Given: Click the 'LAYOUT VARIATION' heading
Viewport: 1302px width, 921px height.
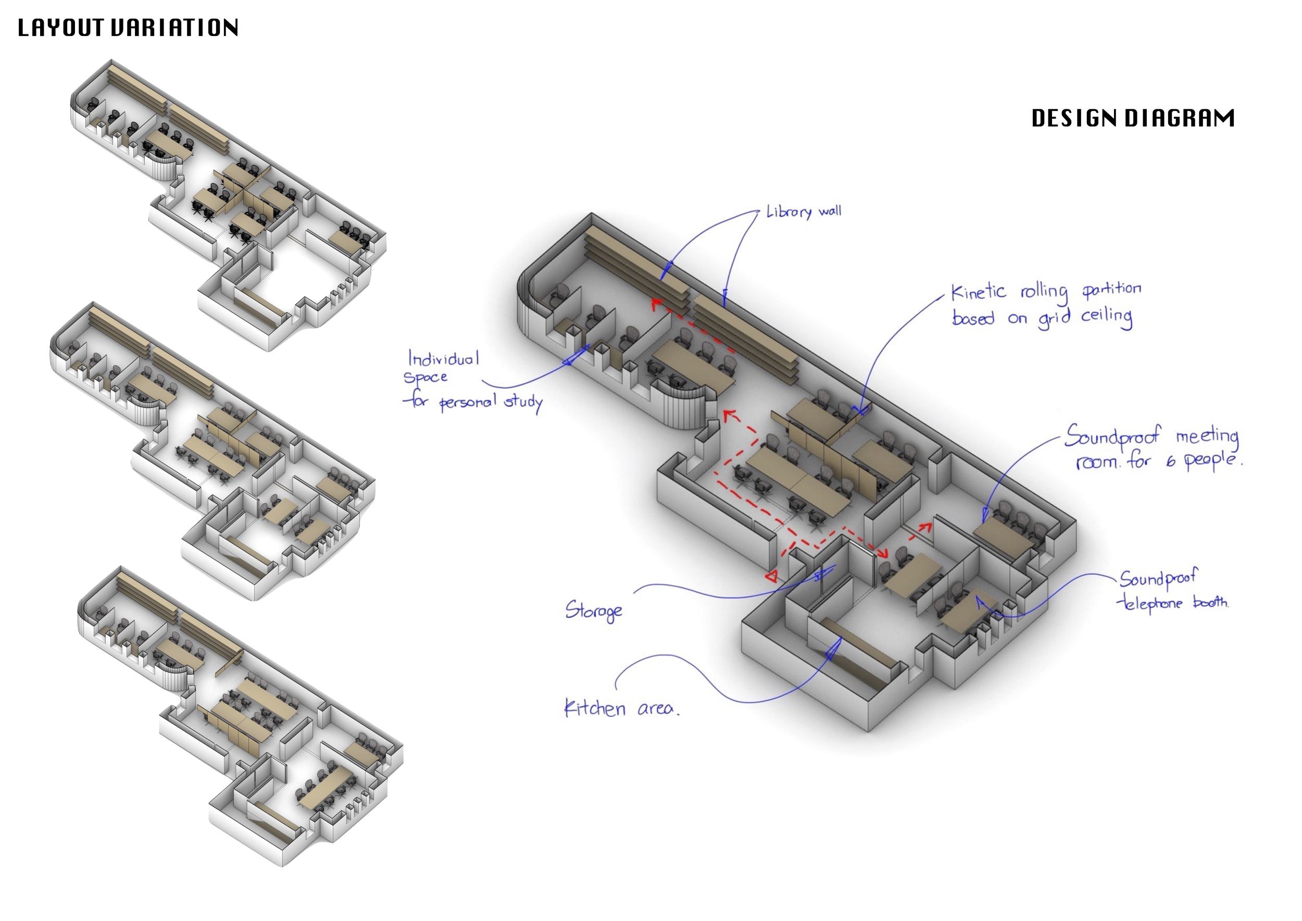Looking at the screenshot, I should coord(128,28).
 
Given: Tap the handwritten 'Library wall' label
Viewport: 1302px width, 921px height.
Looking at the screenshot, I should coord(804,212).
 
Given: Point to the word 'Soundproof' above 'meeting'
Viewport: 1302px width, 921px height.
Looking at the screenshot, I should coord(1111,436).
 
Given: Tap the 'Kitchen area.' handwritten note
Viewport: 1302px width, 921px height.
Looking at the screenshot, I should coord(621,708).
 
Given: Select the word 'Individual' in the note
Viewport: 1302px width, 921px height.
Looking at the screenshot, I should coord(443,358).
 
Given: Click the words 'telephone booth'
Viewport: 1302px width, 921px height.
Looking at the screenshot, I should coord(1172,603).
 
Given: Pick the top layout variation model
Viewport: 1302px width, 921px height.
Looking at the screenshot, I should coord(227,204).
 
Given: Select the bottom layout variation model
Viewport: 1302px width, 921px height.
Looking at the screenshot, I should coord(238,715).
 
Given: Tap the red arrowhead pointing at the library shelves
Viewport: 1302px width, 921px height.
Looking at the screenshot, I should coord(656,304).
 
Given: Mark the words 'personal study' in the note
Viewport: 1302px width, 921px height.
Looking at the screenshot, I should coord(491,403).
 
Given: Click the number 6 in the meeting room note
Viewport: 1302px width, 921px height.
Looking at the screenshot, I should coord(1170,462).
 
